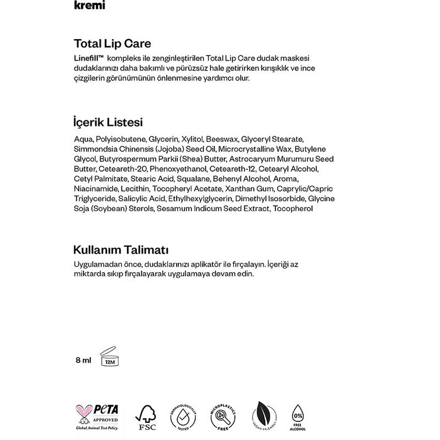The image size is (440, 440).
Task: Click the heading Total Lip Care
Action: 112,43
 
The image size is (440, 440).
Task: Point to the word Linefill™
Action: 89,58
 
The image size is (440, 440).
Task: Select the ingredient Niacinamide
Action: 92,189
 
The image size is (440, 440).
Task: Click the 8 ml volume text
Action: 83,361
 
